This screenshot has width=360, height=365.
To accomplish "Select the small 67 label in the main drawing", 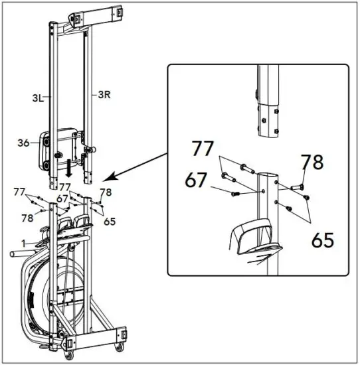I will click(62, 199).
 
